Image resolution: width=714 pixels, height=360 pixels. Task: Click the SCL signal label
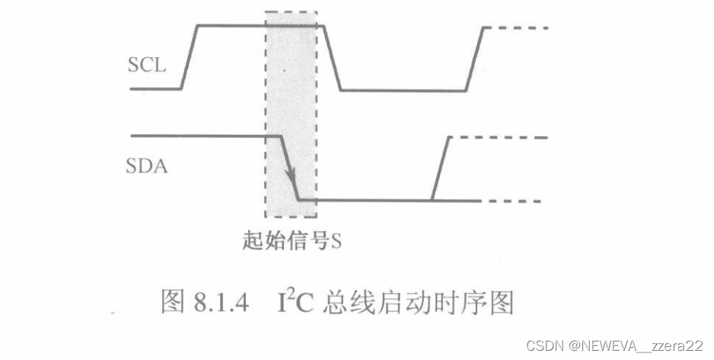tap(147, 65)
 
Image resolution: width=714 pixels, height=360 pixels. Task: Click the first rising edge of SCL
tap(190, 57)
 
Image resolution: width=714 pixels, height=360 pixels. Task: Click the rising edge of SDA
tap(441, 169)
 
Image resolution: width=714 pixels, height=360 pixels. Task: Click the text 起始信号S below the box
tap(289, 241)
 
